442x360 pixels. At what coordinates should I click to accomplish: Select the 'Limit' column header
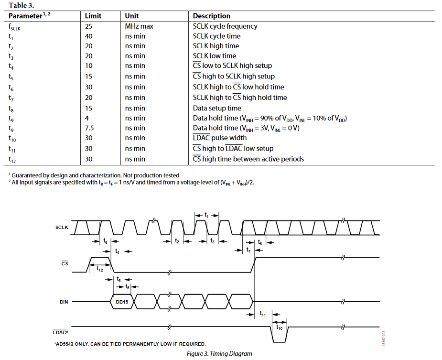(x=93, y=16)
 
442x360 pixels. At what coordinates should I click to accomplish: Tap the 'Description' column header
(x=211, y=16)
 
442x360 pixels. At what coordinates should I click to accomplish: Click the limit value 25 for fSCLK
(x=89, y=26)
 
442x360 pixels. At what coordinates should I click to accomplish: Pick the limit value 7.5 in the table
(x=90, y=128)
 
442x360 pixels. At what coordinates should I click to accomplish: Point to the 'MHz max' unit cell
(x=139, y=26)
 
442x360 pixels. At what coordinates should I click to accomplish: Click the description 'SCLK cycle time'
(x=216, y=36)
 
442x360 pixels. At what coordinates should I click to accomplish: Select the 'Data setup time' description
(x=217, y=108)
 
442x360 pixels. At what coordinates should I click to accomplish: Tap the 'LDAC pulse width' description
(x=220, y=138)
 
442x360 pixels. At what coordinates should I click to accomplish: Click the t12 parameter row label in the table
(x=12, y=159)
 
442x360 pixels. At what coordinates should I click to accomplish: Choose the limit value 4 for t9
(x=87, y=118)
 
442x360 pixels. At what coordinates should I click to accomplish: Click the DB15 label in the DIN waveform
(x=122, y=302)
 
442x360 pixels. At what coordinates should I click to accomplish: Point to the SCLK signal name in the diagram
(x=62, y=228)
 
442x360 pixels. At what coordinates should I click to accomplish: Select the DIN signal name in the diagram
(x=64, y=302)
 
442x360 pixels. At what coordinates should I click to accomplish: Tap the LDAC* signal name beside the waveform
(x=61, y=332)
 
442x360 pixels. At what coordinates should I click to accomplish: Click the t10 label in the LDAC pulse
(x=279, y=328)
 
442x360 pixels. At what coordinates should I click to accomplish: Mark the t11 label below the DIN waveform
(x=263, y=314)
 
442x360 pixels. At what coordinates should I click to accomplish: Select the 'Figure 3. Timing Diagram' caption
(x=219, y=354)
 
